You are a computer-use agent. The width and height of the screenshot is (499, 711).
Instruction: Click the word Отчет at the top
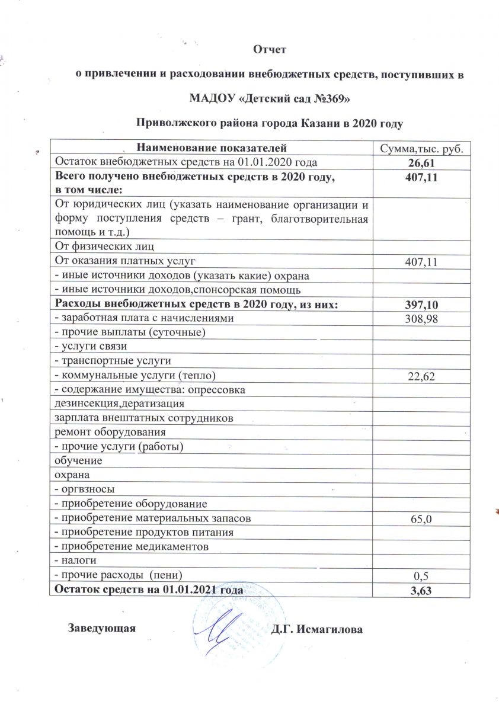tap(270, 49)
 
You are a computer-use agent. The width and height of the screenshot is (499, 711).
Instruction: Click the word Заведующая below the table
tap(103, 628)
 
